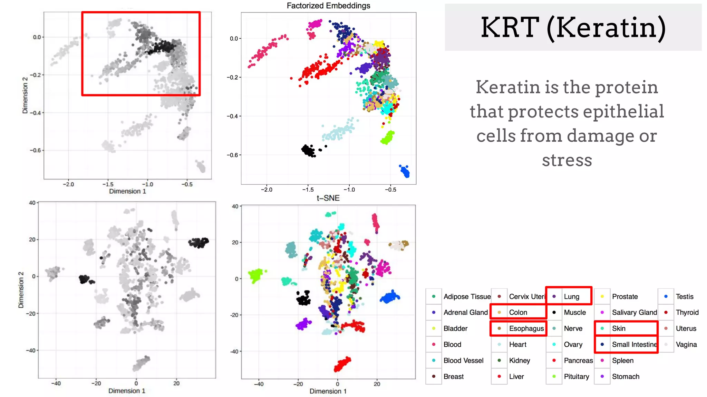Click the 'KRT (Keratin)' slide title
pyautogui.click(x=573, y=28)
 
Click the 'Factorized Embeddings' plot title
pyautogui.click(x=328, y=6)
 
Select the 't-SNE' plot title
pyautogui.click(x=328, y=198)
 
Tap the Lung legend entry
pyautogui.click(x=571, y=296)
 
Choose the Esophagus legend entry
pyautogui.click(x=526, y=328)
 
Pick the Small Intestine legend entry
pyautogui.click(x=634, y=344)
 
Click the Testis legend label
pyautogui.click(x=684, y=296)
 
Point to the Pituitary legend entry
pyautogui.click(x=576, y=376)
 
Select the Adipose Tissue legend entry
pyautogui.click(x=467, y=296)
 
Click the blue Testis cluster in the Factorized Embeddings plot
pyautogui.click(x=405, y=171)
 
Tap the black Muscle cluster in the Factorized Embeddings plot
pyautogui.click(x=308, y=150)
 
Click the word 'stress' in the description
pyautogui.click(x=567, y=160)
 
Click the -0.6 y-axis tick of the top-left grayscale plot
pyautogui.click(x=35, y=150)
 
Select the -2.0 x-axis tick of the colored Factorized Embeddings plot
pyautogui.click(x=267, y=190)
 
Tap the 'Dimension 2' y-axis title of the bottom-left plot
pyautogui.click(x=21, y=289)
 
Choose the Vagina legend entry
pyautogui.click(x=686, y=344)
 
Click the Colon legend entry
pyautogui.click(x=518, y=312)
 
